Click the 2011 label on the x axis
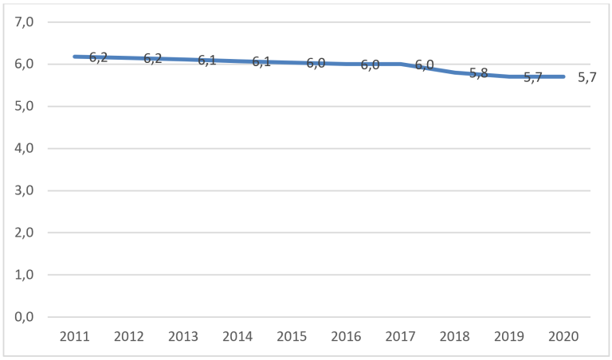tap(74, 336)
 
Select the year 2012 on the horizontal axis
tap(128, 336)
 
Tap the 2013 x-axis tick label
tap(183, 336)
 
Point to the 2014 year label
tap(237, 336)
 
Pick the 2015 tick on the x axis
tap(292, 336)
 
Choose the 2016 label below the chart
tap(347, 336)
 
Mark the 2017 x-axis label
tap(401, 336)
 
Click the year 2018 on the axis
tap(455, 336)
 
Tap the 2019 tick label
tap(510, 336)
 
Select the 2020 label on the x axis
tap(564, 336)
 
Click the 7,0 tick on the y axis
tap(25, 22)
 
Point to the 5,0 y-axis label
tap(25, 107)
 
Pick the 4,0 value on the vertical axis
tap(25, 149)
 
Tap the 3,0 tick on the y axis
tap(25, 191)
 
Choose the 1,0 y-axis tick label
tap(25, 275)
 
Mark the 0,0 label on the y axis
tap(25, 317)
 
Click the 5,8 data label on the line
tap(478, 73)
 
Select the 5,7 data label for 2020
tap(587, 77)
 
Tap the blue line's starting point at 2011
tap(74, 57)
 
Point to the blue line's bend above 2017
tap(401, 64)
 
